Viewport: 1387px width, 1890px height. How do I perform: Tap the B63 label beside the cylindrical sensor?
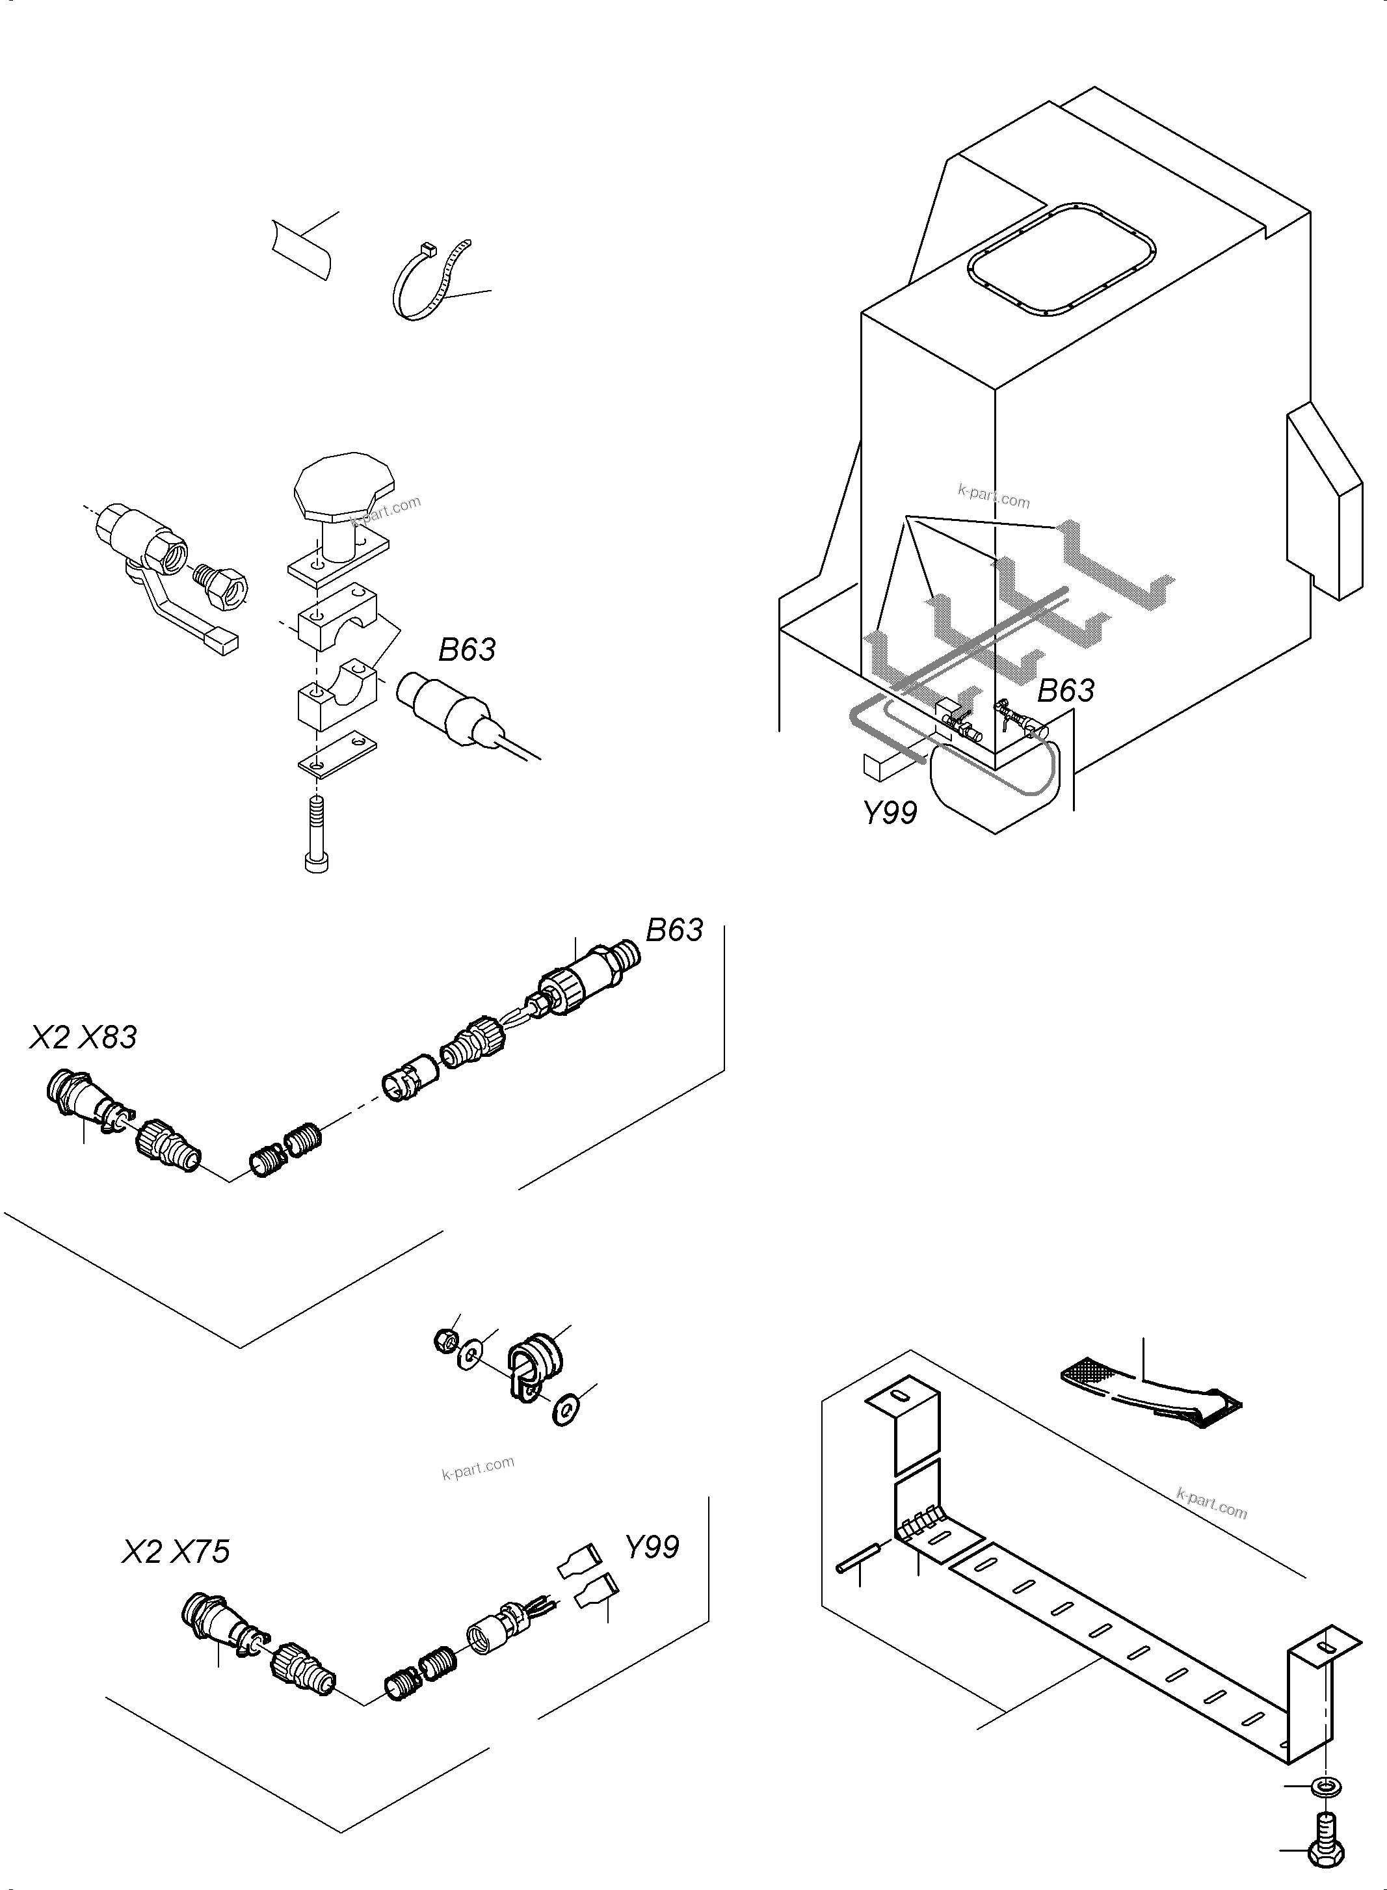467,650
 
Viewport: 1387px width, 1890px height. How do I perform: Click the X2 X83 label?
83,1038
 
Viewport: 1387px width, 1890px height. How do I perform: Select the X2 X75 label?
176,1552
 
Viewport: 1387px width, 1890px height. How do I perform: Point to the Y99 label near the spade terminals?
652,1547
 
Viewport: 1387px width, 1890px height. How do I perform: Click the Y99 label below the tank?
891,813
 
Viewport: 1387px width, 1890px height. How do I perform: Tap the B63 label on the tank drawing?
1065,691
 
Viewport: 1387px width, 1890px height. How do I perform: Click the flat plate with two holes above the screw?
337,745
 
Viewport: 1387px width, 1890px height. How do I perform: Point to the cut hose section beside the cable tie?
302,248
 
